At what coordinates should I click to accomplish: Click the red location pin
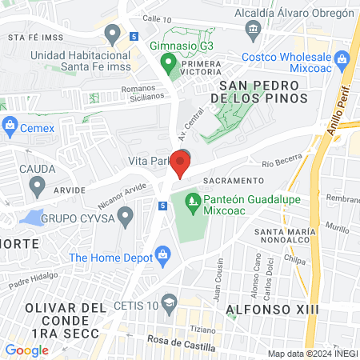point(180,165)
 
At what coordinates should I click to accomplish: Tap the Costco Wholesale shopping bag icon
point(342,58)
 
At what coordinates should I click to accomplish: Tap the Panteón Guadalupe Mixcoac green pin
point(191,198)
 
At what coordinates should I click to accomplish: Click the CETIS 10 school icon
point(169,302)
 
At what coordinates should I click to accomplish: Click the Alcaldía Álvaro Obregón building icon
point(254,31)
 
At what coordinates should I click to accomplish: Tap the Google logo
point(26,350)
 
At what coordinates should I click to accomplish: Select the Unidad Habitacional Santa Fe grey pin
point(112,34)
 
